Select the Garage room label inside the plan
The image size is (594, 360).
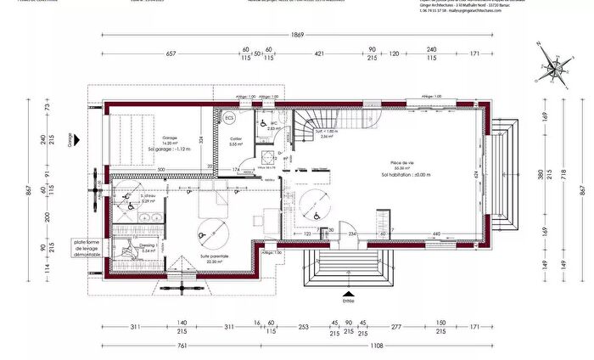(x=170, y=139)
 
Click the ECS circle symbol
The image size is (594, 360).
(x=229, y=119)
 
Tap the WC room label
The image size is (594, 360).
(x=275, y=122)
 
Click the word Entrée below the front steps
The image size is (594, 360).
(x=348, y=300)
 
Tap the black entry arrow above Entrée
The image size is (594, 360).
(x=348, y=291)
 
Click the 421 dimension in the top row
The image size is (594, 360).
(x=320, y=53)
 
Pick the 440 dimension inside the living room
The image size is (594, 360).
(x=436, y=233)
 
